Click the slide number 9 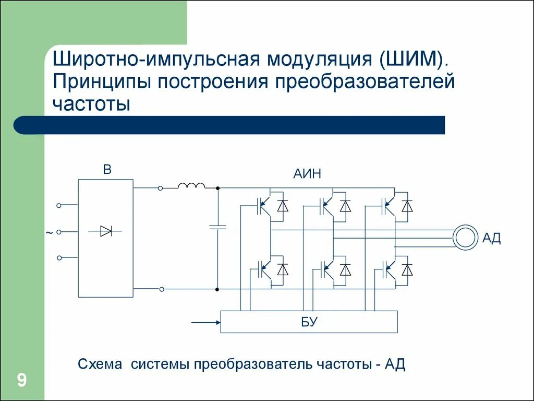[22, 380]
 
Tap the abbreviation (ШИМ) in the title [414, 59]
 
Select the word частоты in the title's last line [90, 103]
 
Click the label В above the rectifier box [107, 170]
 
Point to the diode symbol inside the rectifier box [106, 230]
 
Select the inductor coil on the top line [191, 186]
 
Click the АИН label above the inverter [307, 174]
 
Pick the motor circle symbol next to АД [465, 238]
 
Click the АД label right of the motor [491, 239]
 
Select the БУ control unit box [309, 322]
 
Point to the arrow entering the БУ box [206, 322]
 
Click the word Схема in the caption [99, 364]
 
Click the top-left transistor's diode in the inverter [283, 206]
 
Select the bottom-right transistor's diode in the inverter [407, 270]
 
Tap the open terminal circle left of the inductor [161, 188]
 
